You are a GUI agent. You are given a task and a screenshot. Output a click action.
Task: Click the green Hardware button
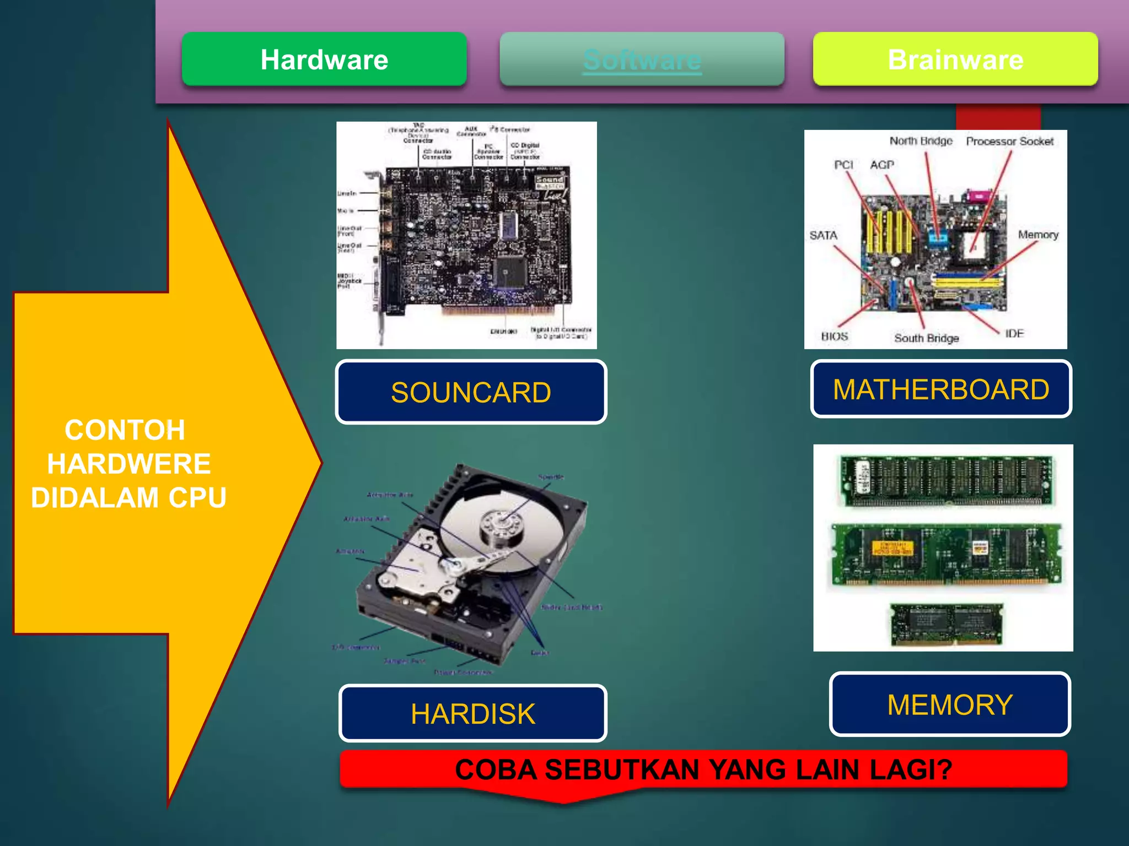tap(324, 59)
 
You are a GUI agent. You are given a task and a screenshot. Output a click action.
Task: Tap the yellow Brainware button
tap(955, 59)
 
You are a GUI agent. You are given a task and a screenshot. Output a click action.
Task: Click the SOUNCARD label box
tap(471, 392)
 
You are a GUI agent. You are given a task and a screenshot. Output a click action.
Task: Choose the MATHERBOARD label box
tap(941, 389)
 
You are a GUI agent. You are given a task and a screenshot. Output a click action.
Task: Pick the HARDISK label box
tap(473, 713)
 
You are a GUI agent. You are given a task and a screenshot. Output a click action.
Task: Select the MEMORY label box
tap(950, 704)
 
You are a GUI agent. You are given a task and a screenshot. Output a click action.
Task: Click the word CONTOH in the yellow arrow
tap(125, 430)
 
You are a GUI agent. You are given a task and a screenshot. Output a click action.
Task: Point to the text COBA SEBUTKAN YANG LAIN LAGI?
tap(703, 769)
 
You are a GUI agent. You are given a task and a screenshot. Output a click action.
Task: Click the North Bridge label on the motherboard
tap(921, 141)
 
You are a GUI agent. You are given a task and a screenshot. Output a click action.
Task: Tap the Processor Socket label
tap(1009, 142)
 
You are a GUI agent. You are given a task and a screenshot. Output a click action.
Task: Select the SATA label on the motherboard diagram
tap(823, 235)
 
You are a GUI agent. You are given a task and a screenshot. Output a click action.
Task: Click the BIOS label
tap(834, 336)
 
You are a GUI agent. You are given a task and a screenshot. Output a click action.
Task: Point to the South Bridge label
tap(926, 338)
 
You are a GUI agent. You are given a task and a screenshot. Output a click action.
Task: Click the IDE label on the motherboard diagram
tap(1014, 333)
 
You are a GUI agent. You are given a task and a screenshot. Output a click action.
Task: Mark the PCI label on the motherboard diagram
tap(843, 165)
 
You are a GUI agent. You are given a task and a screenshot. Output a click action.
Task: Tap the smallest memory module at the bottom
tap(947, 624)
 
